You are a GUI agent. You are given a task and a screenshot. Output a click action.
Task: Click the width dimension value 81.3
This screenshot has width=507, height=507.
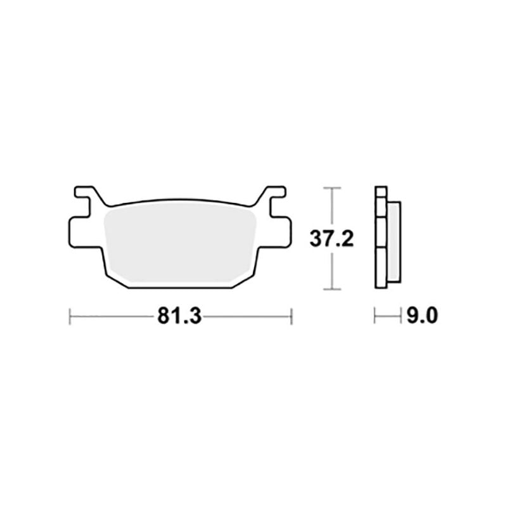pyautogui.click(x=179, y=316)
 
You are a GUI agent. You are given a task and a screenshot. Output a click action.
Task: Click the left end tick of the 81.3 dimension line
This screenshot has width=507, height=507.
pyautogui.click(x=70, y=316)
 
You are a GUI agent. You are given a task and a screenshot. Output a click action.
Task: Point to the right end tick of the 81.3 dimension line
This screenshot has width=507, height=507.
pyautogui.click(x=291, y=316)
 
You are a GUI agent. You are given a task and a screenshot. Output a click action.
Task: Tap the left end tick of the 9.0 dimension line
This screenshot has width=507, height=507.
pyautogui.click(x=375, y=316)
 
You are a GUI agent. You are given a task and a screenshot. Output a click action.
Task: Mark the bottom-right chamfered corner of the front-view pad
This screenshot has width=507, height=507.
pyautogui.click(x=244, y=279)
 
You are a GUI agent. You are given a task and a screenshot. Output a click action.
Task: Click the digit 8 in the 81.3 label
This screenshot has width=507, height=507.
pyautogui.click(x=164, y=316)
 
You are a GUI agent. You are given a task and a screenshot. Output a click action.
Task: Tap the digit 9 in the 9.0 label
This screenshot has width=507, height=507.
pyautogui.click(x=412, y=316)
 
